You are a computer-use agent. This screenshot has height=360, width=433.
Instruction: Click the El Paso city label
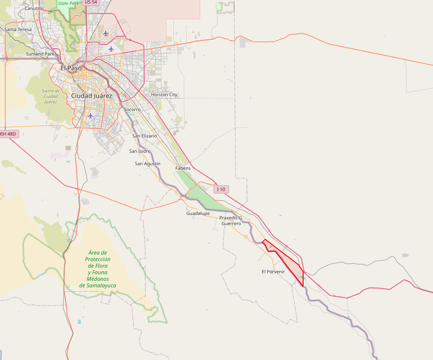[x=71, y=68]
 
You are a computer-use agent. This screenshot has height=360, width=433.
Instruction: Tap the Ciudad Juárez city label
[x=91, y=96]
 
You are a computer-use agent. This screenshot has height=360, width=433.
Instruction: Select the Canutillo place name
[x=34, y=8]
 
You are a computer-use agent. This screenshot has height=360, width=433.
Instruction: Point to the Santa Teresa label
[x=18, y=30]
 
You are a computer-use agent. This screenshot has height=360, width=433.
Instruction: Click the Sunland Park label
[x=40, y=54]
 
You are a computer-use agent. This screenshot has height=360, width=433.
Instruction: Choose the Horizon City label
[x=161, y=95]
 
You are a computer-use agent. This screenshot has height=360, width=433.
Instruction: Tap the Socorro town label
[x=132, y=110]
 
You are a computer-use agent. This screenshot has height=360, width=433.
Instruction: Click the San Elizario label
[x=144, y=136]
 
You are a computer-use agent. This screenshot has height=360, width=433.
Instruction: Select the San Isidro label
[x=139, y=151]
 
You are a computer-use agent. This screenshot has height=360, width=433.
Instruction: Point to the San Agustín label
[x=148, y=164]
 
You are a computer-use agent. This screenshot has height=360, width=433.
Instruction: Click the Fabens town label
[x=183, y=168]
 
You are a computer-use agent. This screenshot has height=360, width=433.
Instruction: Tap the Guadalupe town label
[x=198, y=214]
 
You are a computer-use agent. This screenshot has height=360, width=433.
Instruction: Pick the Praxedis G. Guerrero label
[x=231, y=221]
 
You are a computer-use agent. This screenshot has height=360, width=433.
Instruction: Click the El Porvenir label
[x=273, y=272]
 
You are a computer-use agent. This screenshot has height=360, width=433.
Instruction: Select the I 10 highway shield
[x=221, y=189]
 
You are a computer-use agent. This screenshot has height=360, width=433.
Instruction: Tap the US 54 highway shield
[x=91, y=2]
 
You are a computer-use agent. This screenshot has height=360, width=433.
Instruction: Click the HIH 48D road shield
[x=8, y=134]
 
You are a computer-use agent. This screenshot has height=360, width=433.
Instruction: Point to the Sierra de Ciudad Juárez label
[x=51, y=96]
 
